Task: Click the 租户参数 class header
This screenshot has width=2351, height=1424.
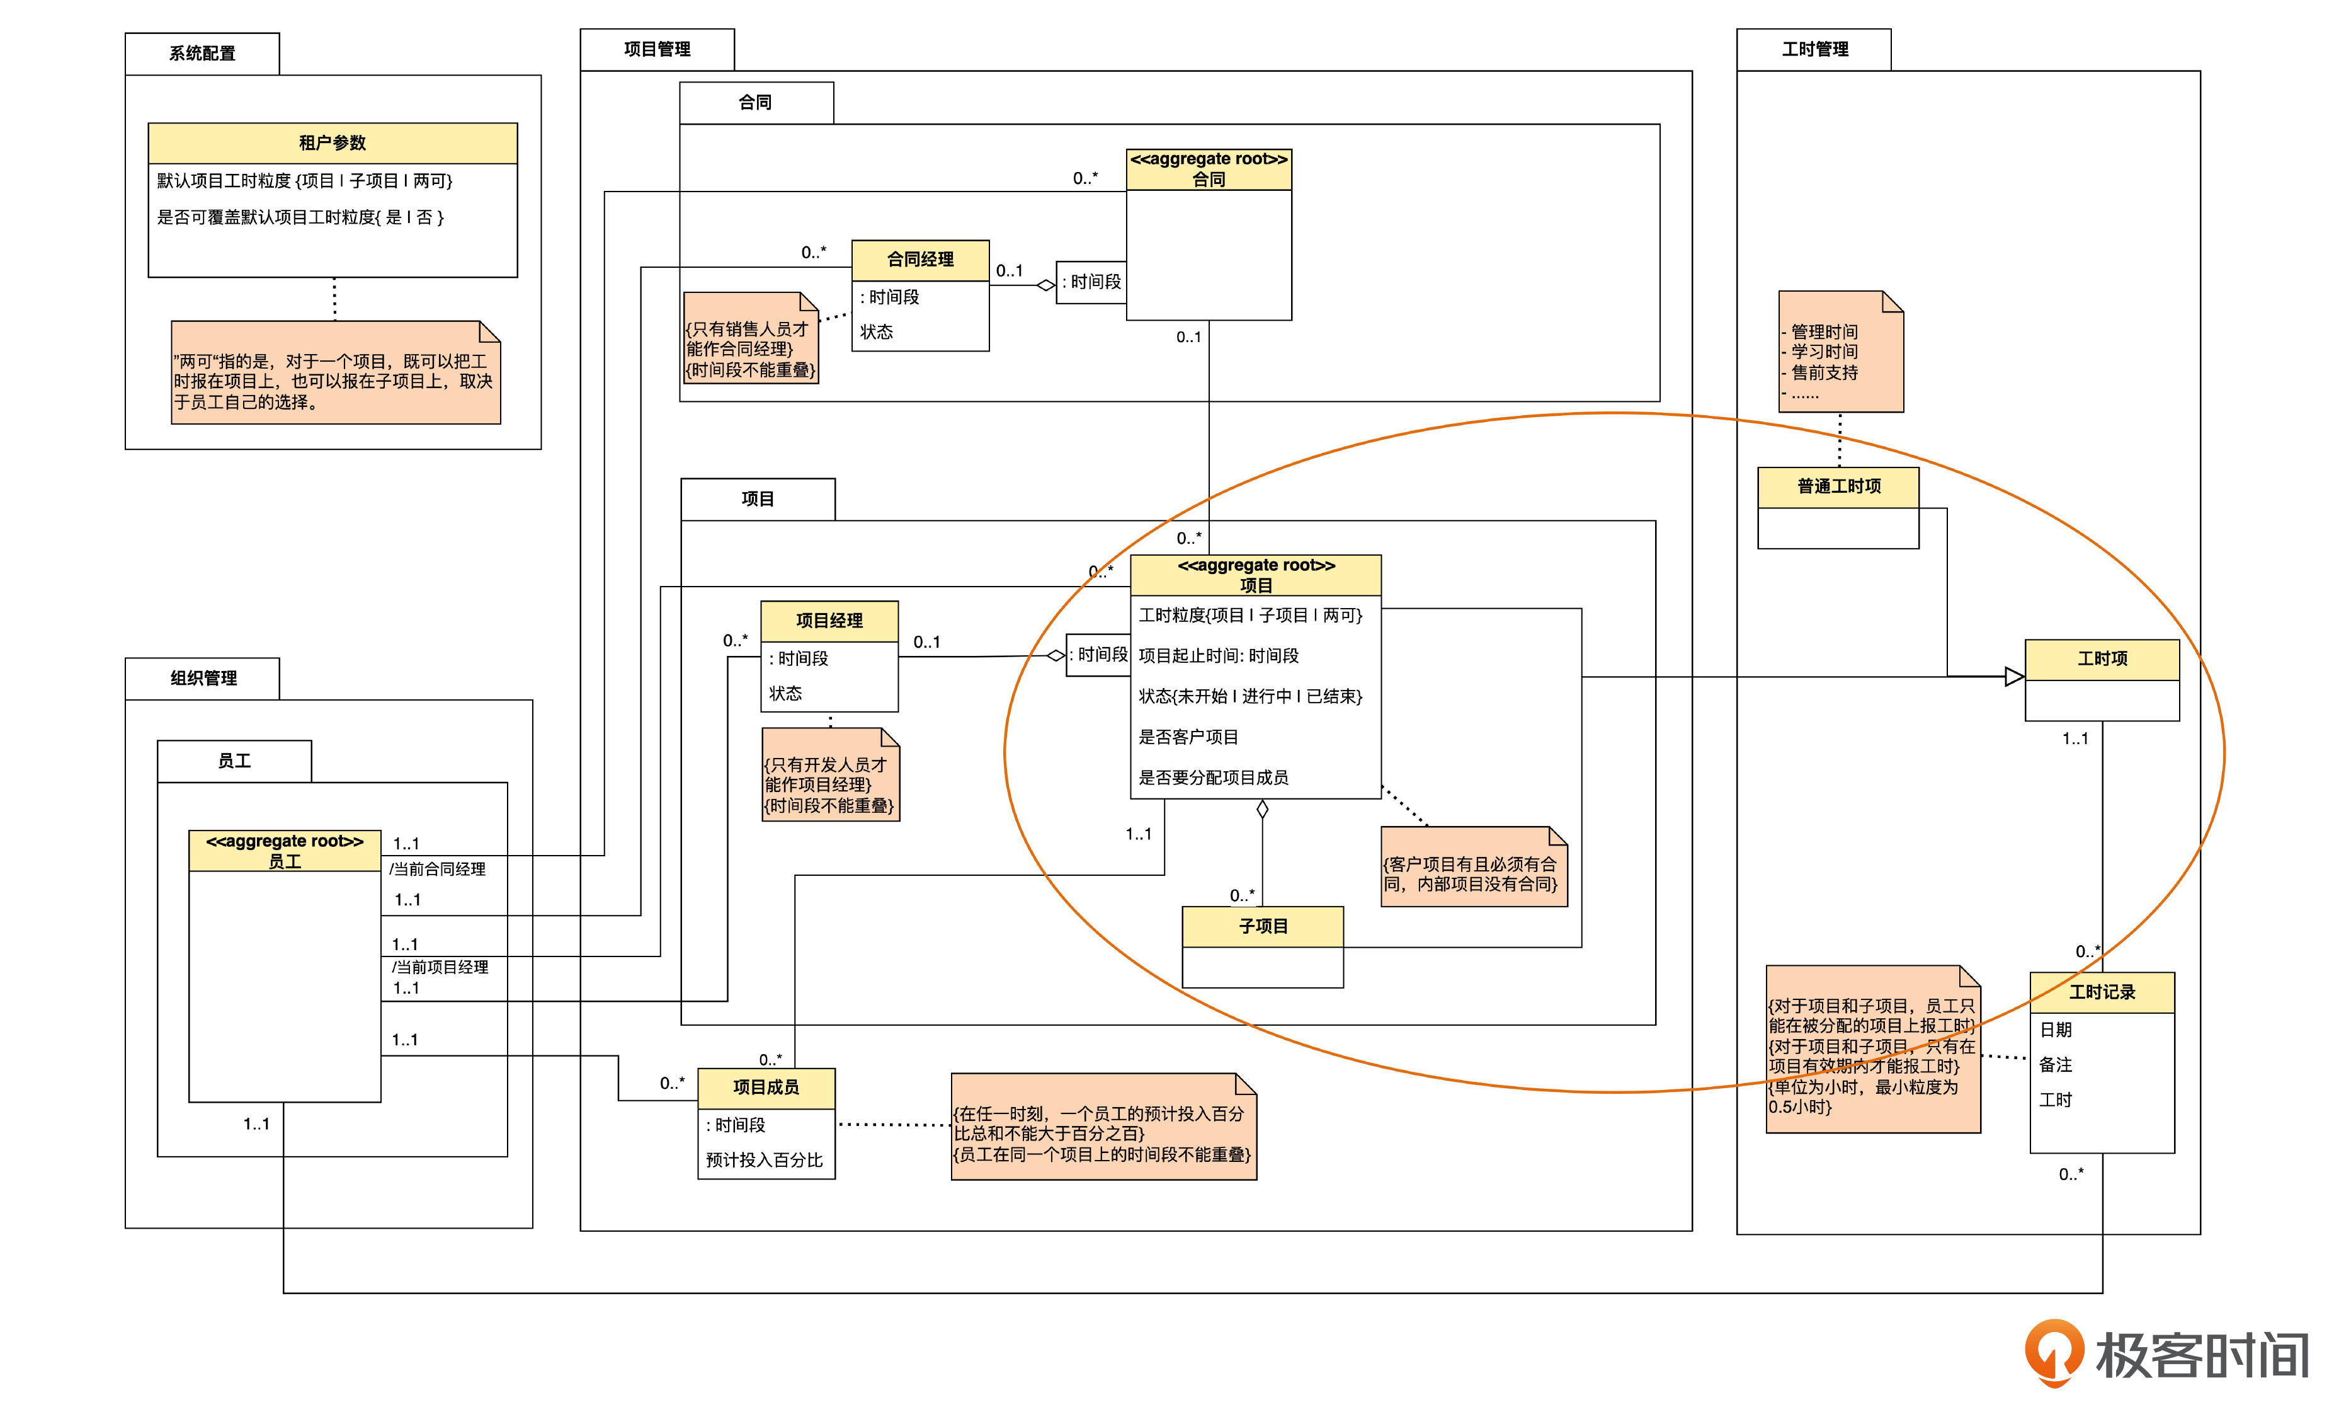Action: [x=332, y=143]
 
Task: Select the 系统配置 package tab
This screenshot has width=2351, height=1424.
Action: [x=202, y=54]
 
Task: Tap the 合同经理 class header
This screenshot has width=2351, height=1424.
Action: [x=919, y=260]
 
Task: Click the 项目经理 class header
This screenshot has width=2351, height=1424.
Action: [x=829, y=621]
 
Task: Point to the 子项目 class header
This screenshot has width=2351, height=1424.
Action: [x=1262, y=926]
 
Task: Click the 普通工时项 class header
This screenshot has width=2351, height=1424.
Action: [x=1838, y=487]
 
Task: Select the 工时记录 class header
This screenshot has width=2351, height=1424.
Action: [x=2102, y=992]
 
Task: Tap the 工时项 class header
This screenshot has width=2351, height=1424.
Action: [x=2102, y=658]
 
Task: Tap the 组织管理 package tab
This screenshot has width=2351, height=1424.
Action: [x=203, y=679]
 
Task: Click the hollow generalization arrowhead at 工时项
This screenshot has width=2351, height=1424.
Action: [x=2014, y=677]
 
